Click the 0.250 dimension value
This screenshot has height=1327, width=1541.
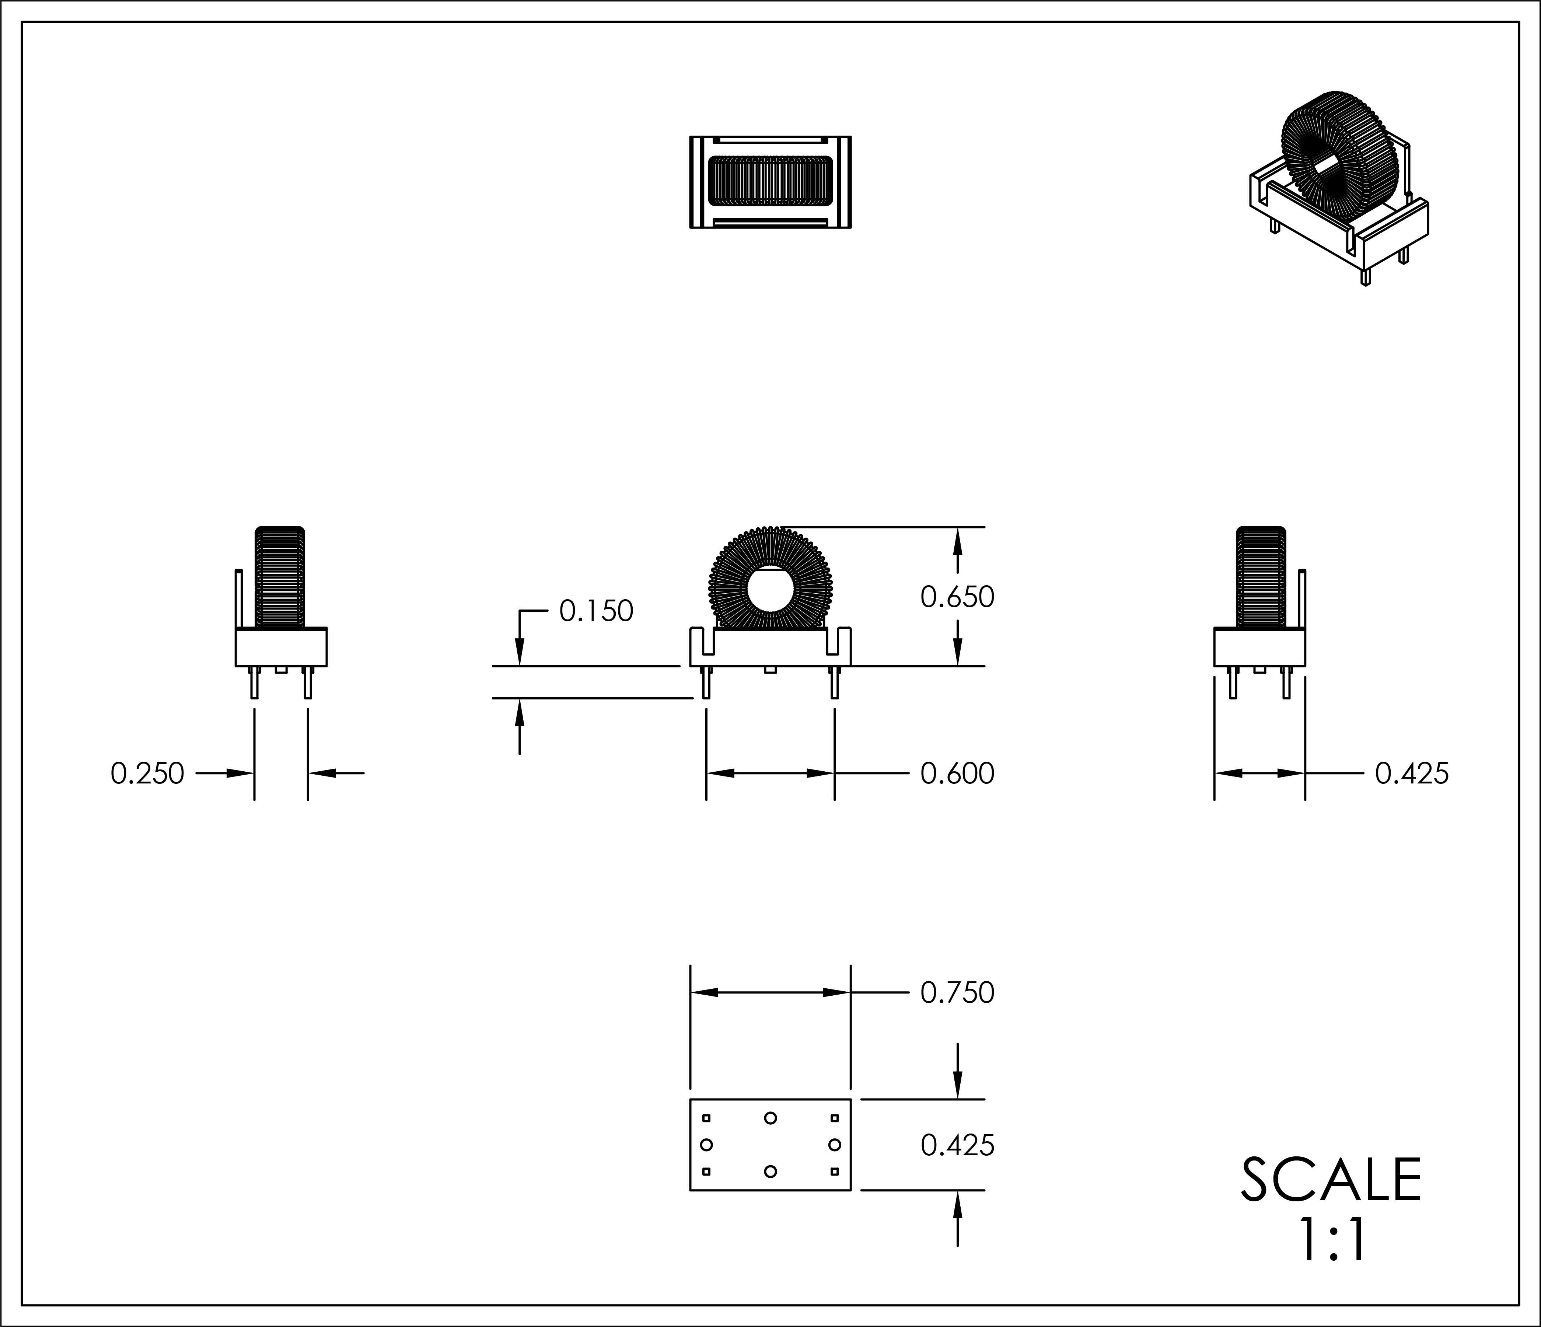[147, 773]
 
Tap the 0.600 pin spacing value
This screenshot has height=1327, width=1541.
[957, 773]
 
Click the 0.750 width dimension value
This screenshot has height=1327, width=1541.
[957, 993]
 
